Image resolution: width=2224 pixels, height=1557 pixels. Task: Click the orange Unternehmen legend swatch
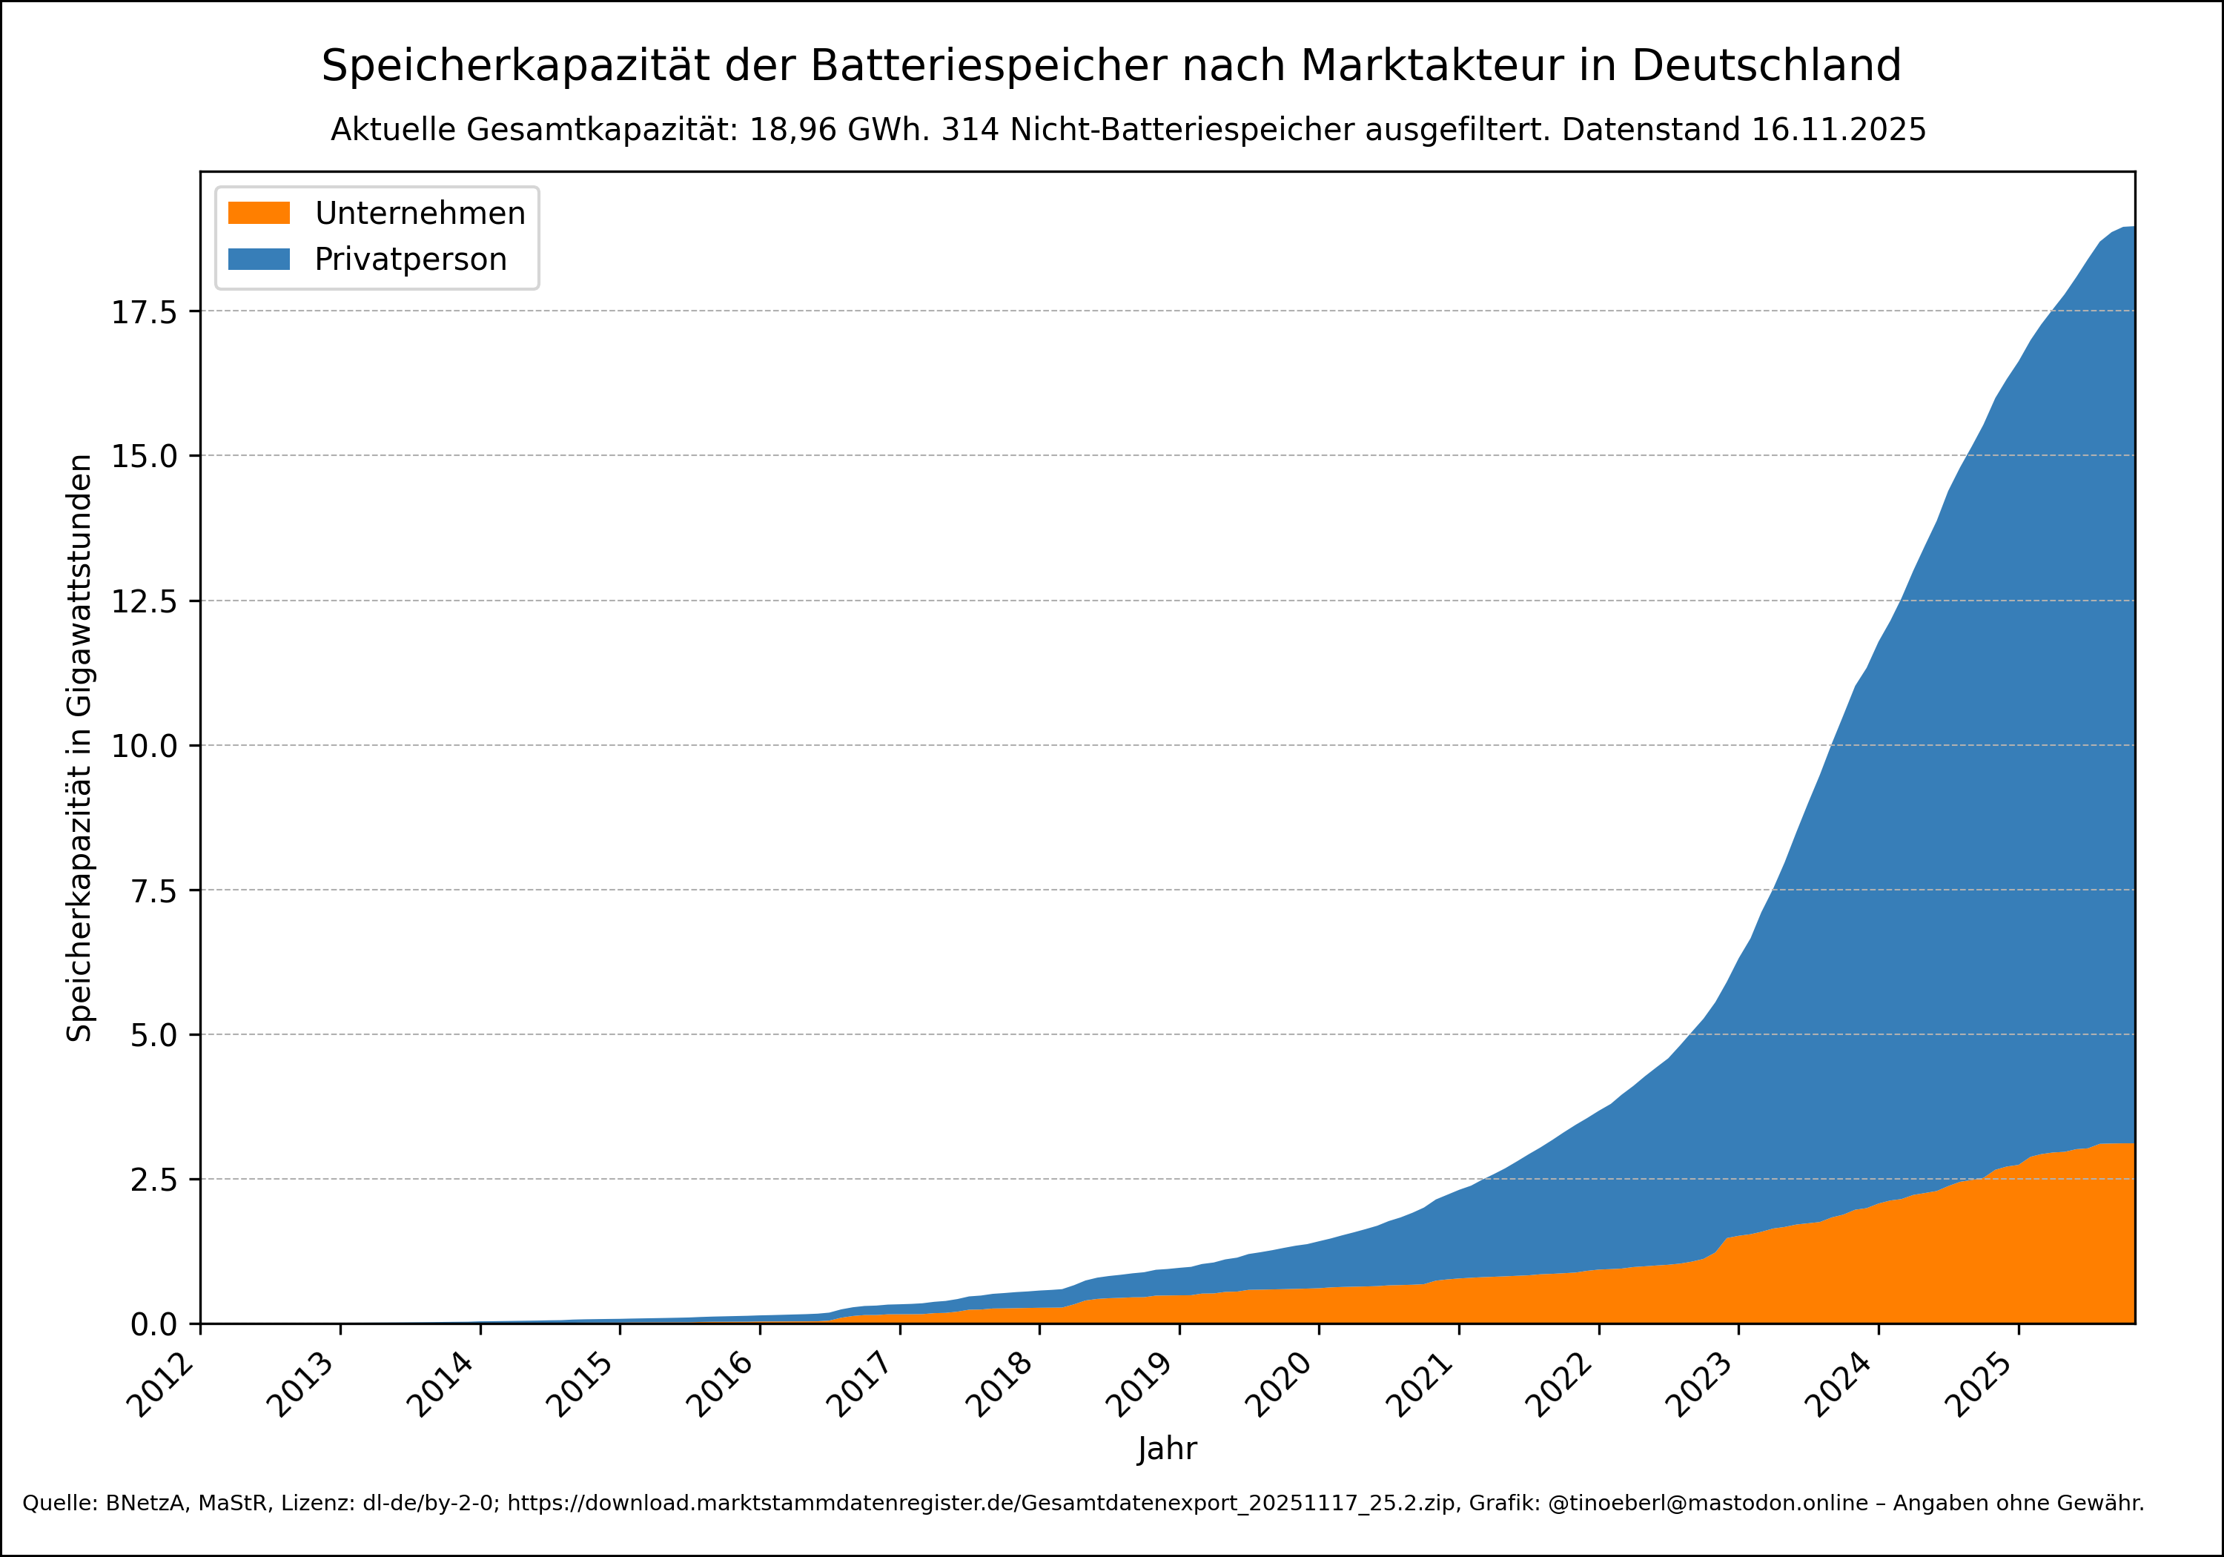click(259, 213)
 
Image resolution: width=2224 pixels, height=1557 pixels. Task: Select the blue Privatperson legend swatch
click(259, 259)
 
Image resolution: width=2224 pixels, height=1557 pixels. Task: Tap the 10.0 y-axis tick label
click(145, 746)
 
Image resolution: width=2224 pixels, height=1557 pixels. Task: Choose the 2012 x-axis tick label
click(163, 1384)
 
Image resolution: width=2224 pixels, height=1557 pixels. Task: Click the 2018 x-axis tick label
click(1002, 1384)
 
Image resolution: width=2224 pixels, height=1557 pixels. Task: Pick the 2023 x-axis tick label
click(1701, 1384)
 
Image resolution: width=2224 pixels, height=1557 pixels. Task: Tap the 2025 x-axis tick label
click(1981, 1384)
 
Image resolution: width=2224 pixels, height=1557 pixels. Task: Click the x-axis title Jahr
click(1167, 1449)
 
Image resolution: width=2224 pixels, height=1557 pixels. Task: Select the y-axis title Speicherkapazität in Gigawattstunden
click(79, 748)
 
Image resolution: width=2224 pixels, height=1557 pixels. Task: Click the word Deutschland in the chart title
click(1766, 66)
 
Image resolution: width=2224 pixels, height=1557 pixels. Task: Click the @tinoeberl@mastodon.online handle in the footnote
click(1708, 1503)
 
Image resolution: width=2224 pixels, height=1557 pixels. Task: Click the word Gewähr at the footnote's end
click(2111, 1503)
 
